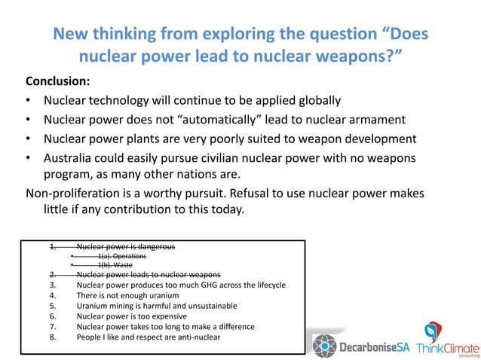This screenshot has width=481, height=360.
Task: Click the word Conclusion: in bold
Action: (58, 81)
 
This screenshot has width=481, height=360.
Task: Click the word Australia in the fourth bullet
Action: (72, 158)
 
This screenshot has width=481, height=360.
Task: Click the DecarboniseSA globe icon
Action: (326, 344)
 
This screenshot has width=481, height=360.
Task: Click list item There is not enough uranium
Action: (127, 295)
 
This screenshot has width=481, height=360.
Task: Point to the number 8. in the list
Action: (53, 337)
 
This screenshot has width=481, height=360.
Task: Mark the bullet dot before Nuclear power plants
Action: (28, 139)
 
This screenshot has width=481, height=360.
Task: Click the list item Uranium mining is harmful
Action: (157, 306)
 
